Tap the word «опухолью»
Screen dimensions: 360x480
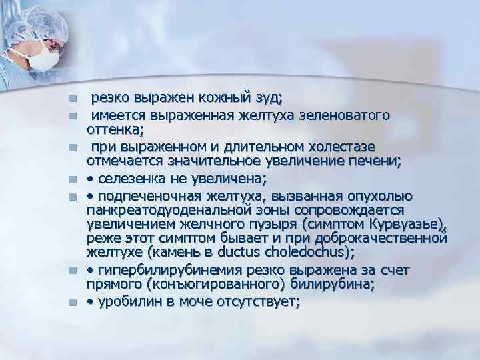[x=383, y=195]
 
